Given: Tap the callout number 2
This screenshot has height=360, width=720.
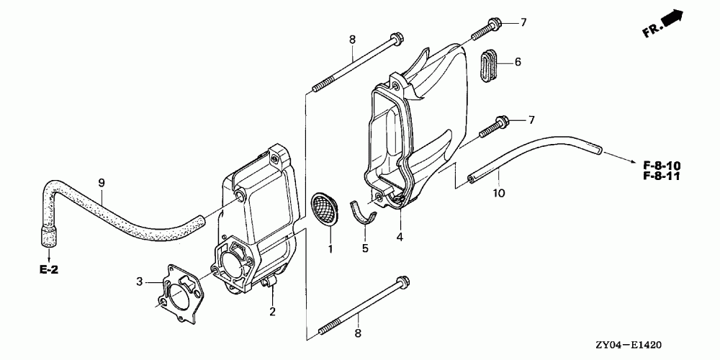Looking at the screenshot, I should (272, 311).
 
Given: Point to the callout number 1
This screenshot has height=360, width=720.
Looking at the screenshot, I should (330, 249).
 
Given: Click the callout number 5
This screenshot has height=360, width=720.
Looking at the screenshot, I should (365, 248).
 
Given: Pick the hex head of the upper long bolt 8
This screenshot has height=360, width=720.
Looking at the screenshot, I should (396, 38).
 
